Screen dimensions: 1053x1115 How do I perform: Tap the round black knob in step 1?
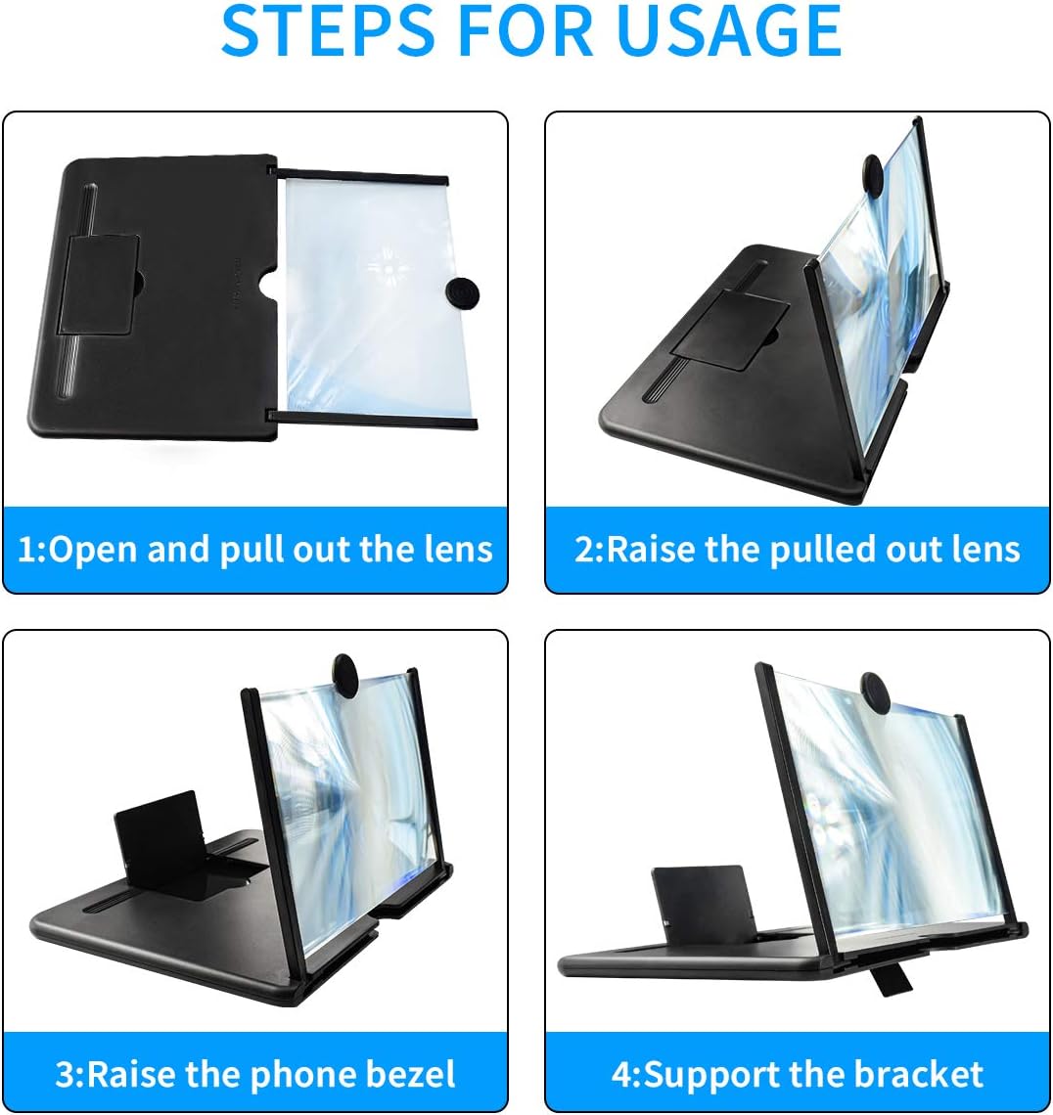pos(462,293)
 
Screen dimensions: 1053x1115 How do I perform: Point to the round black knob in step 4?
pos(877,691)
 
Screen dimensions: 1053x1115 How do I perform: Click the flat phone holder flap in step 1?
pos(98,285)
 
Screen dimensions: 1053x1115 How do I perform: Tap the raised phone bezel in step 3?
pos(158,829)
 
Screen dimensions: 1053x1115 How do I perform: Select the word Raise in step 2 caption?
pos(646,549)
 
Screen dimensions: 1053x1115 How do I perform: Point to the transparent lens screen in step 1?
pos(370,298)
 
